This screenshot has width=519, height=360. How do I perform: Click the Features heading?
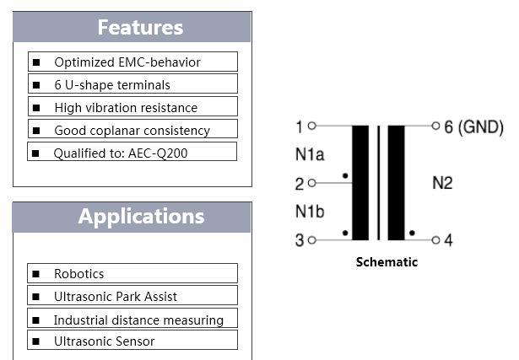point(140,27)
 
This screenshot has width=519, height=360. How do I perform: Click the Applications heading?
point(141,217)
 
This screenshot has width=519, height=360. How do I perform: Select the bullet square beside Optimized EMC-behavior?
point(36,62)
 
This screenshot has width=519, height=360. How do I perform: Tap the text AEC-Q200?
point(158,153)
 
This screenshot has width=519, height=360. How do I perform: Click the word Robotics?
point(79,274)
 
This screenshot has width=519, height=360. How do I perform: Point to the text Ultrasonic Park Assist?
point(116,297)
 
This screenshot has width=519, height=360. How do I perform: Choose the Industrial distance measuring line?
point(138,320)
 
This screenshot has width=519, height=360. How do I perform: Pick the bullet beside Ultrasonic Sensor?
point(35,341)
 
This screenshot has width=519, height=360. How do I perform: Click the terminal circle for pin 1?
point(311,126)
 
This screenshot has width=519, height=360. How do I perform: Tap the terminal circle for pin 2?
point(311,183)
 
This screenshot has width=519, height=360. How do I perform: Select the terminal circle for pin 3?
point(311,240)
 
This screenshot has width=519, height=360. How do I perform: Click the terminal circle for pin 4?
point(436,240)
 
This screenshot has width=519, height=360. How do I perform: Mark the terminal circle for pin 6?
point(436,126)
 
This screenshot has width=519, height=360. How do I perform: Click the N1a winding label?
point(310,154)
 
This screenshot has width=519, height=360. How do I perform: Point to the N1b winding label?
point(310,212)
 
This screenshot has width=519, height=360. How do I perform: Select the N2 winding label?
point(442,183)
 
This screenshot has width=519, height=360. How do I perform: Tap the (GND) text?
point(481,127)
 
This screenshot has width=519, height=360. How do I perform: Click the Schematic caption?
point(387,262)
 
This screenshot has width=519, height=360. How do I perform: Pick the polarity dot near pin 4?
point(412,233)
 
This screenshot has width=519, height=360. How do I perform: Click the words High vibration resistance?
point(126,108)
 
